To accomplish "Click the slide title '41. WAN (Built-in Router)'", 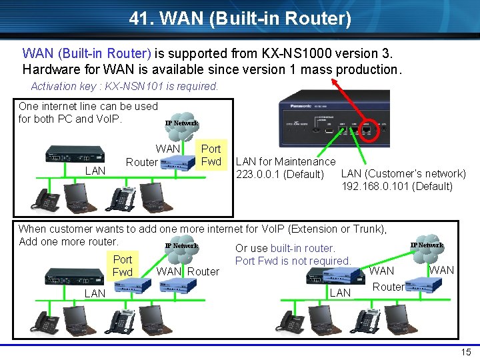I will point(240,19).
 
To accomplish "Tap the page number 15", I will point(464,351).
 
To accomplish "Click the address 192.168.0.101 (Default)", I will point(397,186).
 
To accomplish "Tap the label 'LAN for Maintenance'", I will point(286,161).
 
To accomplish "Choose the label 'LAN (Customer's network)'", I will point(403,174).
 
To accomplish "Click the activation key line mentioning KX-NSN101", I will point(125,86).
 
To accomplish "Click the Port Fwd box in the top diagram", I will point(211,155).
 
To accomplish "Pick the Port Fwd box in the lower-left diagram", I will point(123,265).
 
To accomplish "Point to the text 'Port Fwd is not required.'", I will point(293,261).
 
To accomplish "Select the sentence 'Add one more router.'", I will point(69,241).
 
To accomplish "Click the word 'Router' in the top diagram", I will point(142,162).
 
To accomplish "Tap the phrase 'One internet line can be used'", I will point(88,106).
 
